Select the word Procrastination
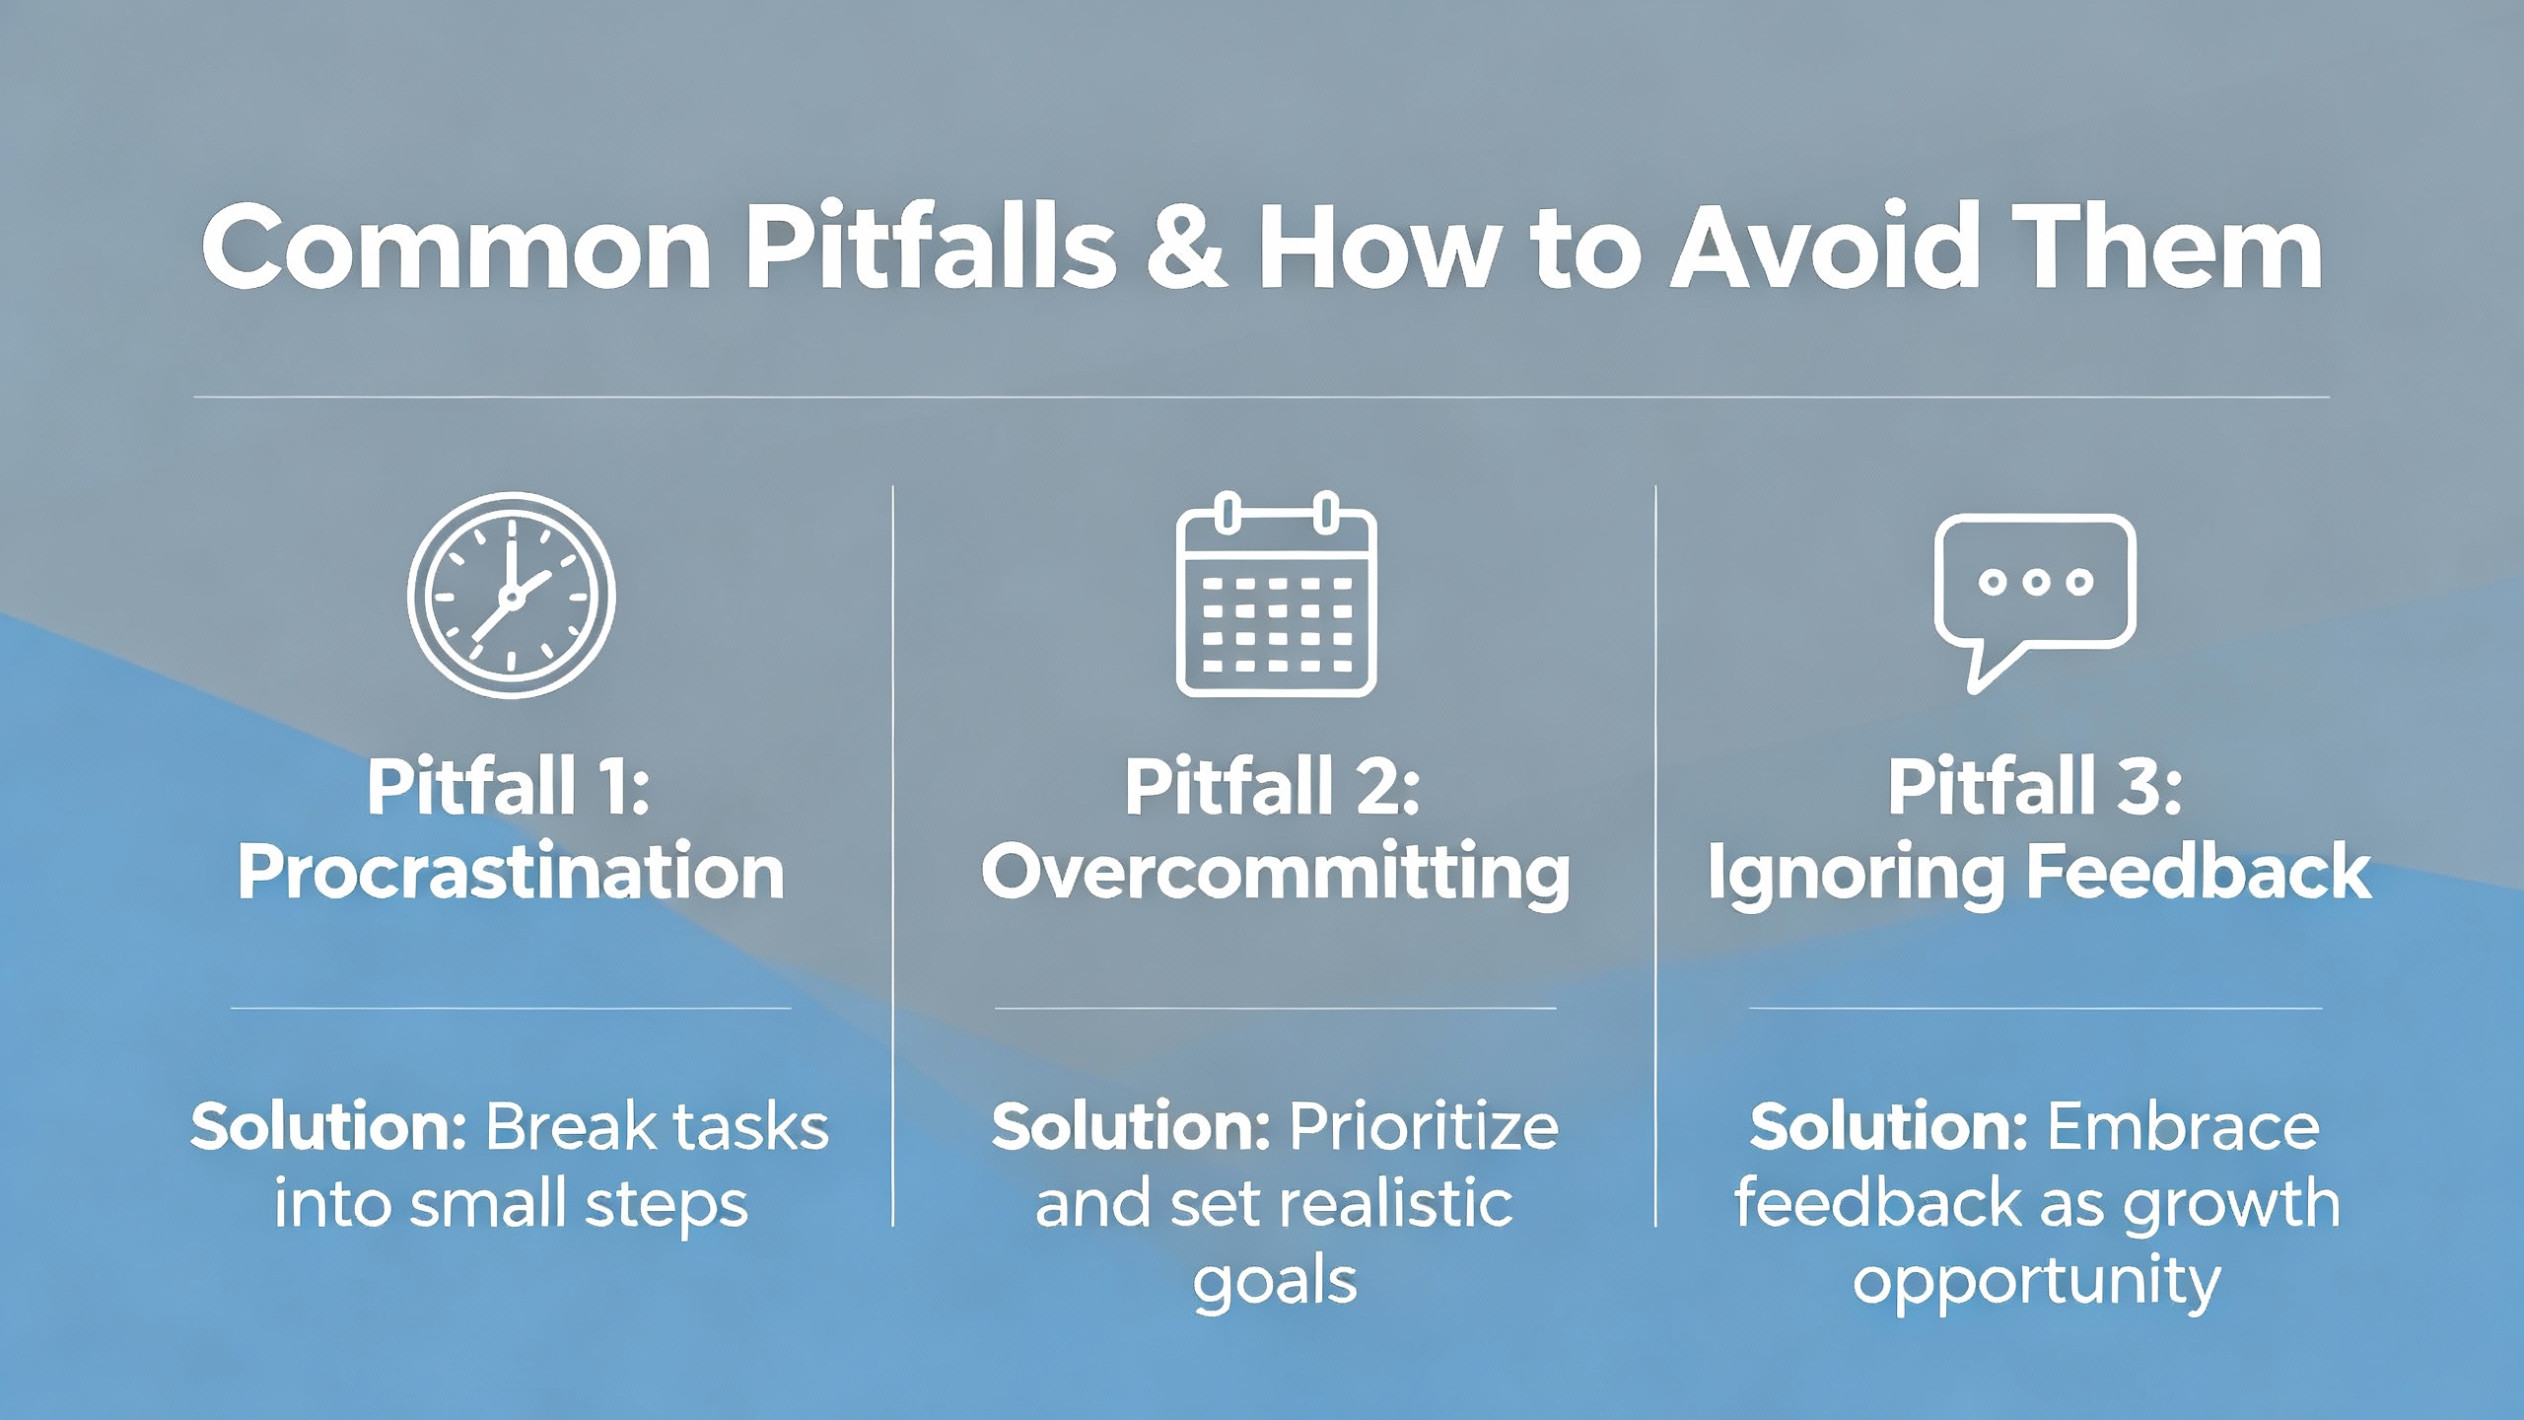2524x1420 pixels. [x=511, y=873]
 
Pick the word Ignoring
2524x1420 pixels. [x=1855, y=875]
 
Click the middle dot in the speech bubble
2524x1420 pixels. [x=2035, y=582]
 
